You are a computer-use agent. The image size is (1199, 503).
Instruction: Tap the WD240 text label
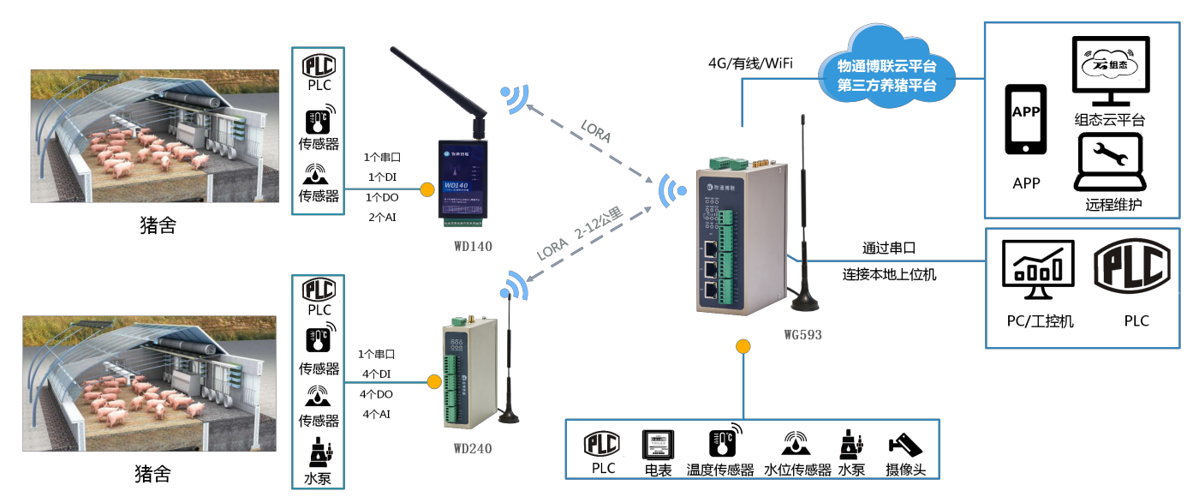473,448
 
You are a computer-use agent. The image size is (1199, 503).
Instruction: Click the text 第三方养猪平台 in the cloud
886,85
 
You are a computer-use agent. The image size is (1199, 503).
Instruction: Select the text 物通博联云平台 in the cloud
886,66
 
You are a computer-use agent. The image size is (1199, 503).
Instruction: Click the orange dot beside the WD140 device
426,189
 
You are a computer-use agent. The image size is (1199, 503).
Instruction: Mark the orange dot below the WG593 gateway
743,347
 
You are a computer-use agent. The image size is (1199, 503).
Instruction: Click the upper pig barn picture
155,136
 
